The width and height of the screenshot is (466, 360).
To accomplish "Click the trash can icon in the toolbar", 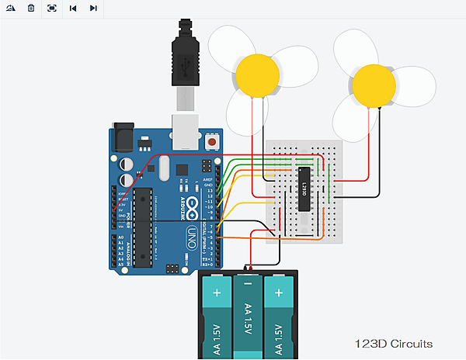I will (x=31, y=8).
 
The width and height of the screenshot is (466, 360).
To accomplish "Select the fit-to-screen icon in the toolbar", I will (x=51, y=8).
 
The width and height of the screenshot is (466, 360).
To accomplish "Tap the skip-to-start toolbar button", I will (x=72, y=8).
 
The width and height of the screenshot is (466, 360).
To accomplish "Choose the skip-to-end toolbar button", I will (x=92, y=8).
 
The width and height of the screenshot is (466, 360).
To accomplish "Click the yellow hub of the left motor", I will (x=257, y=75).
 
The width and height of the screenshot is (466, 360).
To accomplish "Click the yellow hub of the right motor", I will (x=374, y=85).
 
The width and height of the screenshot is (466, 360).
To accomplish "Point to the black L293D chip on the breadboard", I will (x=305, y=189).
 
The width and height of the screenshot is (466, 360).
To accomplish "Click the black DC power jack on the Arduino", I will (x=124, y=137).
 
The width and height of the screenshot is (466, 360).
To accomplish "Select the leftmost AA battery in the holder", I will (x=215, y=318).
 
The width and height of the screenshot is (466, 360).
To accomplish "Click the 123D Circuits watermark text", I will (x=393, y=344).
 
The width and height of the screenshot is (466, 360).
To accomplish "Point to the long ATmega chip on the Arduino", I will (x=144, y=224).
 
